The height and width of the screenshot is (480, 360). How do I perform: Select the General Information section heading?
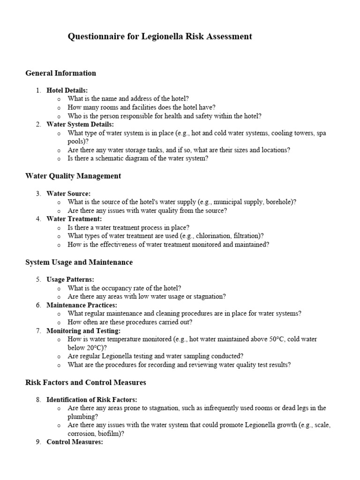[60, 73]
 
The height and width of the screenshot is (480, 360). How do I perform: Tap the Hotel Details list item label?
[67, 90]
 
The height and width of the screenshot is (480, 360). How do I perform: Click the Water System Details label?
[80, 124]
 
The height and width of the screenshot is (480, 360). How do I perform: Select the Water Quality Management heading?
[73, 176]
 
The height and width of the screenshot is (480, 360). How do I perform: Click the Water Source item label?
[68, 194]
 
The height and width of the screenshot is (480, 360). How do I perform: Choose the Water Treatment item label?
[74, 219]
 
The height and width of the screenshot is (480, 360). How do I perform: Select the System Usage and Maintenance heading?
[79, 262]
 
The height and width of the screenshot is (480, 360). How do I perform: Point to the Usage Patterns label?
[70, 279]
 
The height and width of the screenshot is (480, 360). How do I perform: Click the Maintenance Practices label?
[82, 305]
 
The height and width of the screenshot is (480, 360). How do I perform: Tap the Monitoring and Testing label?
[83, 330]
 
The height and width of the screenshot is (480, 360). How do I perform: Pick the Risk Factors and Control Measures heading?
[85, 382]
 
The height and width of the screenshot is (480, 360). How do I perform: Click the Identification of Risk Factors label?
[92, 399]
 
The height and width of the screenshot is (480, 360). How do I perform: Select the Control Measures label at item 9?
[75, 442]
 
